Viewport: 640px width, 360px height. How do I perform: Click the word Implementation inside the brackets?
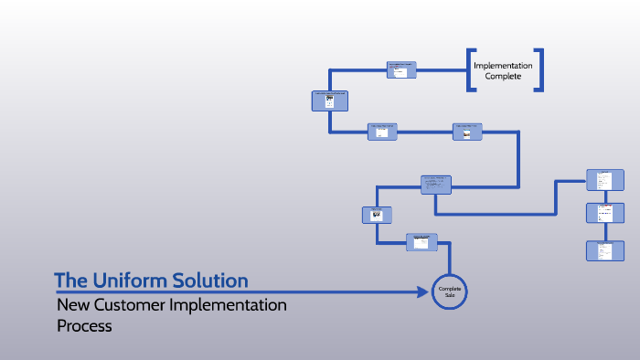click(x=503, y=65)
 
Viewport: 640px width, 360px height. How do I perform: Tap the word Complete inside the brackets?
click(x=503, y=77)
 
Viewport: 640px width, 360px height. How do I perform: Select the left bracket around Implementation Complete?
click(x=470, y=70)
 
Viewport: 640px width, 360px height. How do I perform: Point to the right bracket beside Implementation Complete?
click(x=539, y=70)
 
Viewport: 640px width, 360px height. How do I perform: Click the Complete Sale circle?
click(x=449, y=292)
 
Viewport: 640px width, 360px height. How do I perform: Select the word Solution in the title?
click(x=211, y=280)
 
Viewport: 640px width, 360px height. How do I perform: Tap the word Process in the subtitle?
click(x=84, y=325)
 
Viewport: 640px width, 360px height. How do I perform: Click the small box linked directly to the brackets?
click(x=401, y=69)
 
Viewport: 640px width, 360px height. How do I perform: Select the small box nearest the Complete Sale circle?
click(x=421, y=241)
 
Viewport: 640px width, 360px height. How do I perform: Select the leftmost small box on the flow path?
click(x=330, y=101)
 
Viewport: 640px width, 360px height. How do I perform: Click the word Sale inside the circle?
click(x=449, y=296)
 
